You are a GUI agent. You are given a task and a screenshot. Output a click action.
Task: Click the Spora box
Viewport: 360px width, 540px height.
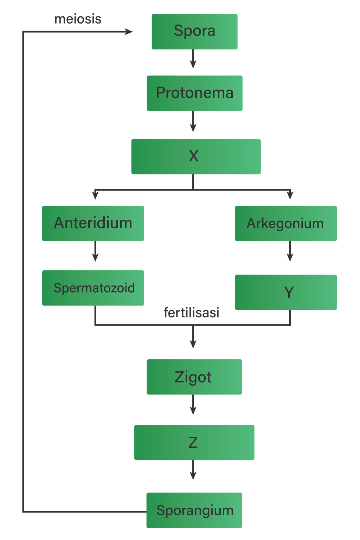[x=194, y=32]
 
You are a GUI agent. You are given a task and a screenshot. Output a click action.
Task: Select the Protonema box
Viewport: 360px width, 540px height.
[x=194, y=93]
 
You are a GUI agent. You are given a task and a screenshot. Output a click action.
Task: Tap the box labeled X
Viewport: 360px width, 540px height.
[x=195, y=156]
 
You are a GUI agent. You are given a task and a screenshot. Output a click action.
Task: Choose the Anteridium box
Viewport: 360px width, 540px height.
[x=93, y=223]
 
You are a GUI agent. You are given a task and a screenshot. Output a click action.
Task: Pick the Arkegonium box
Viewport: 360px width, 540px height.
[x=285, y=223]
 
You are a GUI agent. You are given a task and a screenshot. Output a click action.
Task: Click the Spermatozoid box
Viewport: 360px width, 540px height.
[x=93, y=288]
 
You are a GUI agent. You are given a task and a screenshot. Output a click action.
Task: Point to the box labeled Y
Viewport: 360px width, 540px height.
[x=285, y=292]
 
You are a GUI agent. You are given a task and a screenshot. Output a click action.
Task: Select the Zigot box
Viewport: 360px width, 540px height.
[x=194, y=377]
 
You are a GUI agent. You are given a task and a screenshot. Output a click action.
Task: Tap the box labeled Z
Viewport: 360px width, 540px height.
[x=194, y=442]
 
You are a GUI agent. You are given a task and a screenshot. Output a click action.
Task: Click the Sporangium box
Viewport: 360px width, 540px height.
[x=194, y=510]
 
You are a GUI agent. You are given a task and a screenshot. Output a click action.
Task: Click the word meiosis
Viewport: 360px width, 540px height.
[x=78, y=19]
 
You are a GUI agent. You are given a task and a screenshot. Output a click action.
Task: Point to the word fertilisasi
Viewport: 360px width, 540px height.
[x=192, y=313]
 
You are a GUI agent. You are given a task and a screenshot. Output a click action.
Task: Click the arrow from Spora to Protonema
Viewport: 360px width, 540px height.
[x=193, y=59]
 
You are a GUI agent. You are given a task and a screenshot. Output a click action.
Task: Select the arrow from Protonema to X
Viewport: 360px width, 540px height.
[x=193, y=122]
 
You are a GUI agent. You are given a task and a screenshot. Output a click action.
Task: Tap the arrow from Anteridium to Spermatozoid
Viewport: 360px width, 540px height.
[x=95, y=252]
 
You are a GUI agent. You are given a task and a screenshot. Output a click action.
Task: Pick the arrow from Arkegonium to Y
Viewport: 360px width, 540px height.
[x=290, y=252]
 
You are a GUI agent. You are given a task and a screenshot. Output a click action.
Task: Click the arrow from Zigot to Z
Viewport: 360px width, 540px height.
[x=193, y=405]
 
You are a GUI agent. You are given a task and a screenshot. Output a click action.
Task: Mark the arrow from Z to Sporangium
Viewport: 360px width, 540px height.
[x=193, y=470]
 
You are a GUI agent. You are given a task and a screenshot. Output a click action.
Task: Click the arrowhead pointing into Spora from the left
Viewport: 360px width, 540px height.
[x=129, y=32]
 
